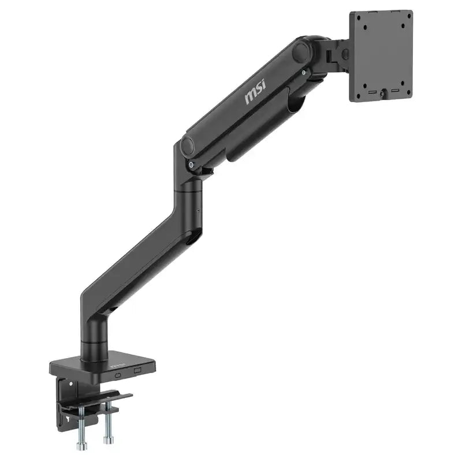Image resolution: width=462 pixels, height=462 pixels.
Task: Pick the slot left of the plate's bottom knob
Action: [373, 93]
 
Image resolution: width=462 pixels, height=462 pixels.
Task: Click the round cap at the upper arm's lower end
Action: [189, 146]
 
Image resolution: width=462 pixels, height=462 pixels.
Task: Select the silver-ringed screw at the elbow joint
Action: [191, 165]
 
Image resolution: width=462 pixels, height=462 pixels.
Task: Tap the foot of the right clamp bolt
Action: [107, 440]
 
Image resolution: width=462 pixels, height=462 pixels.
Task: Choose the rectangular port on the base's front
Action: [137, 370]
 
